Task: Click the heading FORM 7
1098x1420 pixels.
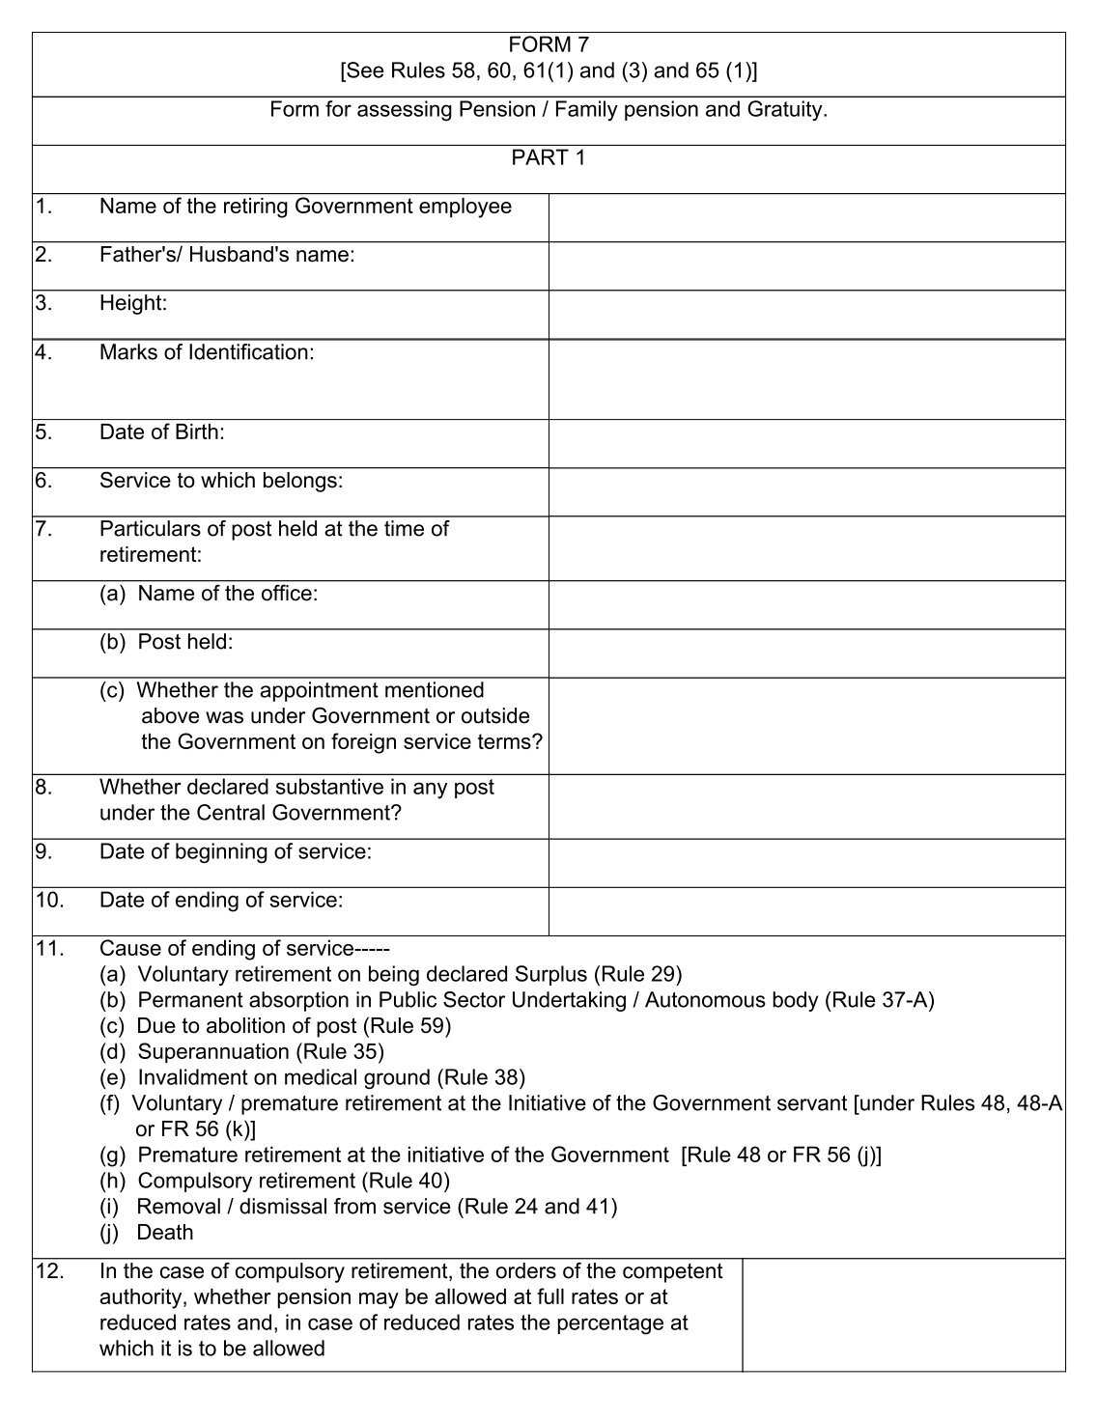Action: coord(548,44)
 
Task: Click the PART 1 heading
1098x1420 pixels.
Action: coord(548,157)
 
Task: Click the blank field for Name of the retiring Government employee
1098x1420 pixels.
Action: coord(806,217)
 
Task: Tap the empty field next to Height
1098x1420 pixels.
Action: coord(806,315)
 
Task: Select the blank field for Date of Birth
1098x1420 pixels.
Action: coord(806,443)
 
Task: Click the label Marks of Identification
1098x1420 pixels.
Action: coord(207,352)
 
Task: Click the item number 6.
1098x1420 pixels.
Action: coord(43,480)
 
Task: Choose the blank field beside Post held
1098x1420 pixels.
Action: coord(806,653)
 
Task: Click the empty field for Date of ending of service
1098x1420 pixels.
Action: coord(806,911)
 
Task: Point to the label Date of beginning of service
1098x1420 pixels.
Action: coord(235,851)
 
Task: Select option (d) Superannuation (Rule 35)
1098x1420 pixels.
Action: coord(241,1051)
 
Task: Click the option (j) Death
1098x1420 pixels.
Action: coord(147,1233)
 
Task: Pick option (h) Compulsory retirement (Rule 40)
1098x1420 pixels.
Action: coord(274,1181)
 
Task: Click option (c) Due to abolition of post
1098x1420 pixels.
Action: coord(275,1025)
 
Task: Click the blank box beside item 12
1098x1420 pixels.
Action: coord(903,1314)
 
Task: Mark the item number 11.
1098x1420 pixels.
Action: coord(48,948)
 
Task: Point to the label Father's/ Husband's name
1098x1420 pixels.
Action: coord(227,255)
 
